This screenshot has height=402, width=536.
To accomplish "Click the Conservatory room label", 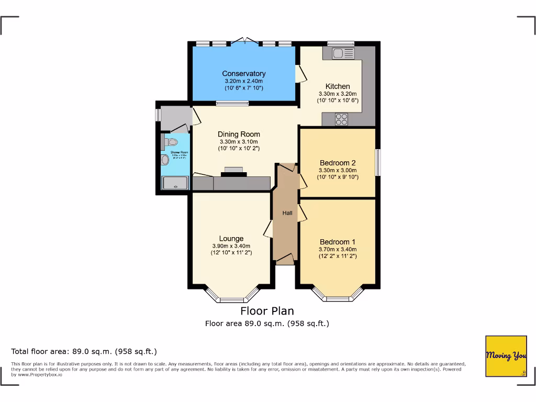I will pos(243,74).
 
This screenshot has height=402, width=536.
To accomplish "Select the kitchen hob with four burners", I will pos(342,119).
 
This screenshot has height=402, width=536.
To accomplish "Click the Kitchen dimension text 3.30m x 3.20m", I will pos(338,94).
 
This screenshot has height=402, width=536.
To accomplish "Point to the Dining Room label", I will pos(239,135).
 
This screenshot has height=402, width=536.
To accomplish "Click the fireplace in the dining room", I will pos(233,171).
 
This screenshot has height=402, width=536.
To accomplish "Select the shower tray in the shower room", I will pos(175,183).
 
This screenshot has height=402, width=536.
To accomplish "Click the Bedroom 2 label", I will pos(338,163).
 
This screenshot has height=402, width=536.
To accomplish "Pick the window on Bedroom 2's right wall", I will pos(378,163).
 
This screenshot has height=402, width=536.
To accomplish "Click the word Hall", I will pos(287,213).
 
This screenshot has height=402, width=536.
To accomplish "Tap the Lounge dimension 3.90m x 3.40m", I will pos(231,246).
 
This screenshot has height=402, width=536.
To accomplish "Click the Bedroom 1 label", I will pos(338,242).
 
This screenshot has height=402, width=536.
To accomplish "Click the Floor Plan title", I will pos(267,311).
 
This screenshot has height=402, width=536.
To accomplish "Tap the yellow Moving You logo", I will pos(506,356).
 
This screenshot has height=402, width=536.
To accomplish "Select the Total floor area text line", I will pos(84,351).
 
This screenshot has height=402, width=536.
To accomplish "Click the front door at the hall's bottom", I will pos(285,259).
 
